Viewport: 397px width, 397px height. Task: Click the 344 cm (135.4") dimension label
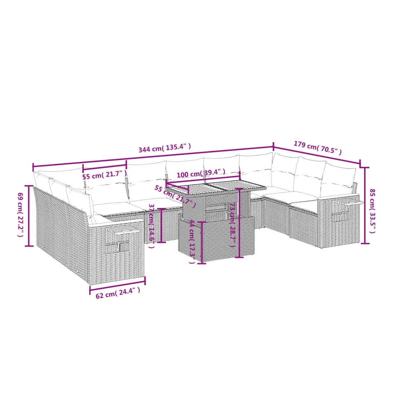(x=165, y=148)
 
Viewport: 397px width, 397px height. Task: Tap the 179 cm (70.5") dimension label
(x=318, y=148)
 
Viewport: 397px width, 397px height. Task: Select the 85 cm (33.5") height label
(x=372, y=211)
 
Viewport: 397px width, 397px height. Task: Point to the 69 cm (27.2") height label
(x=20, y=215)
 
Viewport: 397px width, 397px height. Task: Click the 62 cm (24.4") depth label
(x=118, y=293)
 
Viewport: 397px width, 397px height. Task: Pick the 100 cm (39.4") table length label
(x=201, y=173)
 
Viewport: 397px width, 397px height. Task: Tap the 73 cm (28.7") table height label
(x=232, y=225)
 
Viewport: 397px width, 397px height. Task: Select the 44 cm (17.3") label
(x=192, y=241)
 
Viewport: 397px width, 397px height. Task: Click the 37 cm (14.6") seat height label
(x=152, y=226)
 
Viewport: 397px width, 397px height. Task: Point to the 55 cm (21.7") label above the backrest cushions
(x=105, y=175)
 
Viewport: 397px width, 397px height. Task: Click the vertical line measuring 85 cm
(x=365, y=205)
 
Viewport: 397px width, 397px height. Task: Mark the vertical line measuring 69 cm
(x=29, y=216)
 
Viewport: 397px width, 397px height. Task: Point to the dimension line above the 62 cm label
(x=118, y=285)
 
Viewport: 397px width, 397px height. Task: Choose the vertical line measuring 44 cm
(x=201, y=243)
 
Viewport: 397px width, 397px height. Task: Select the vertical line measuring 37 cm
(x=161, y=225)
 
